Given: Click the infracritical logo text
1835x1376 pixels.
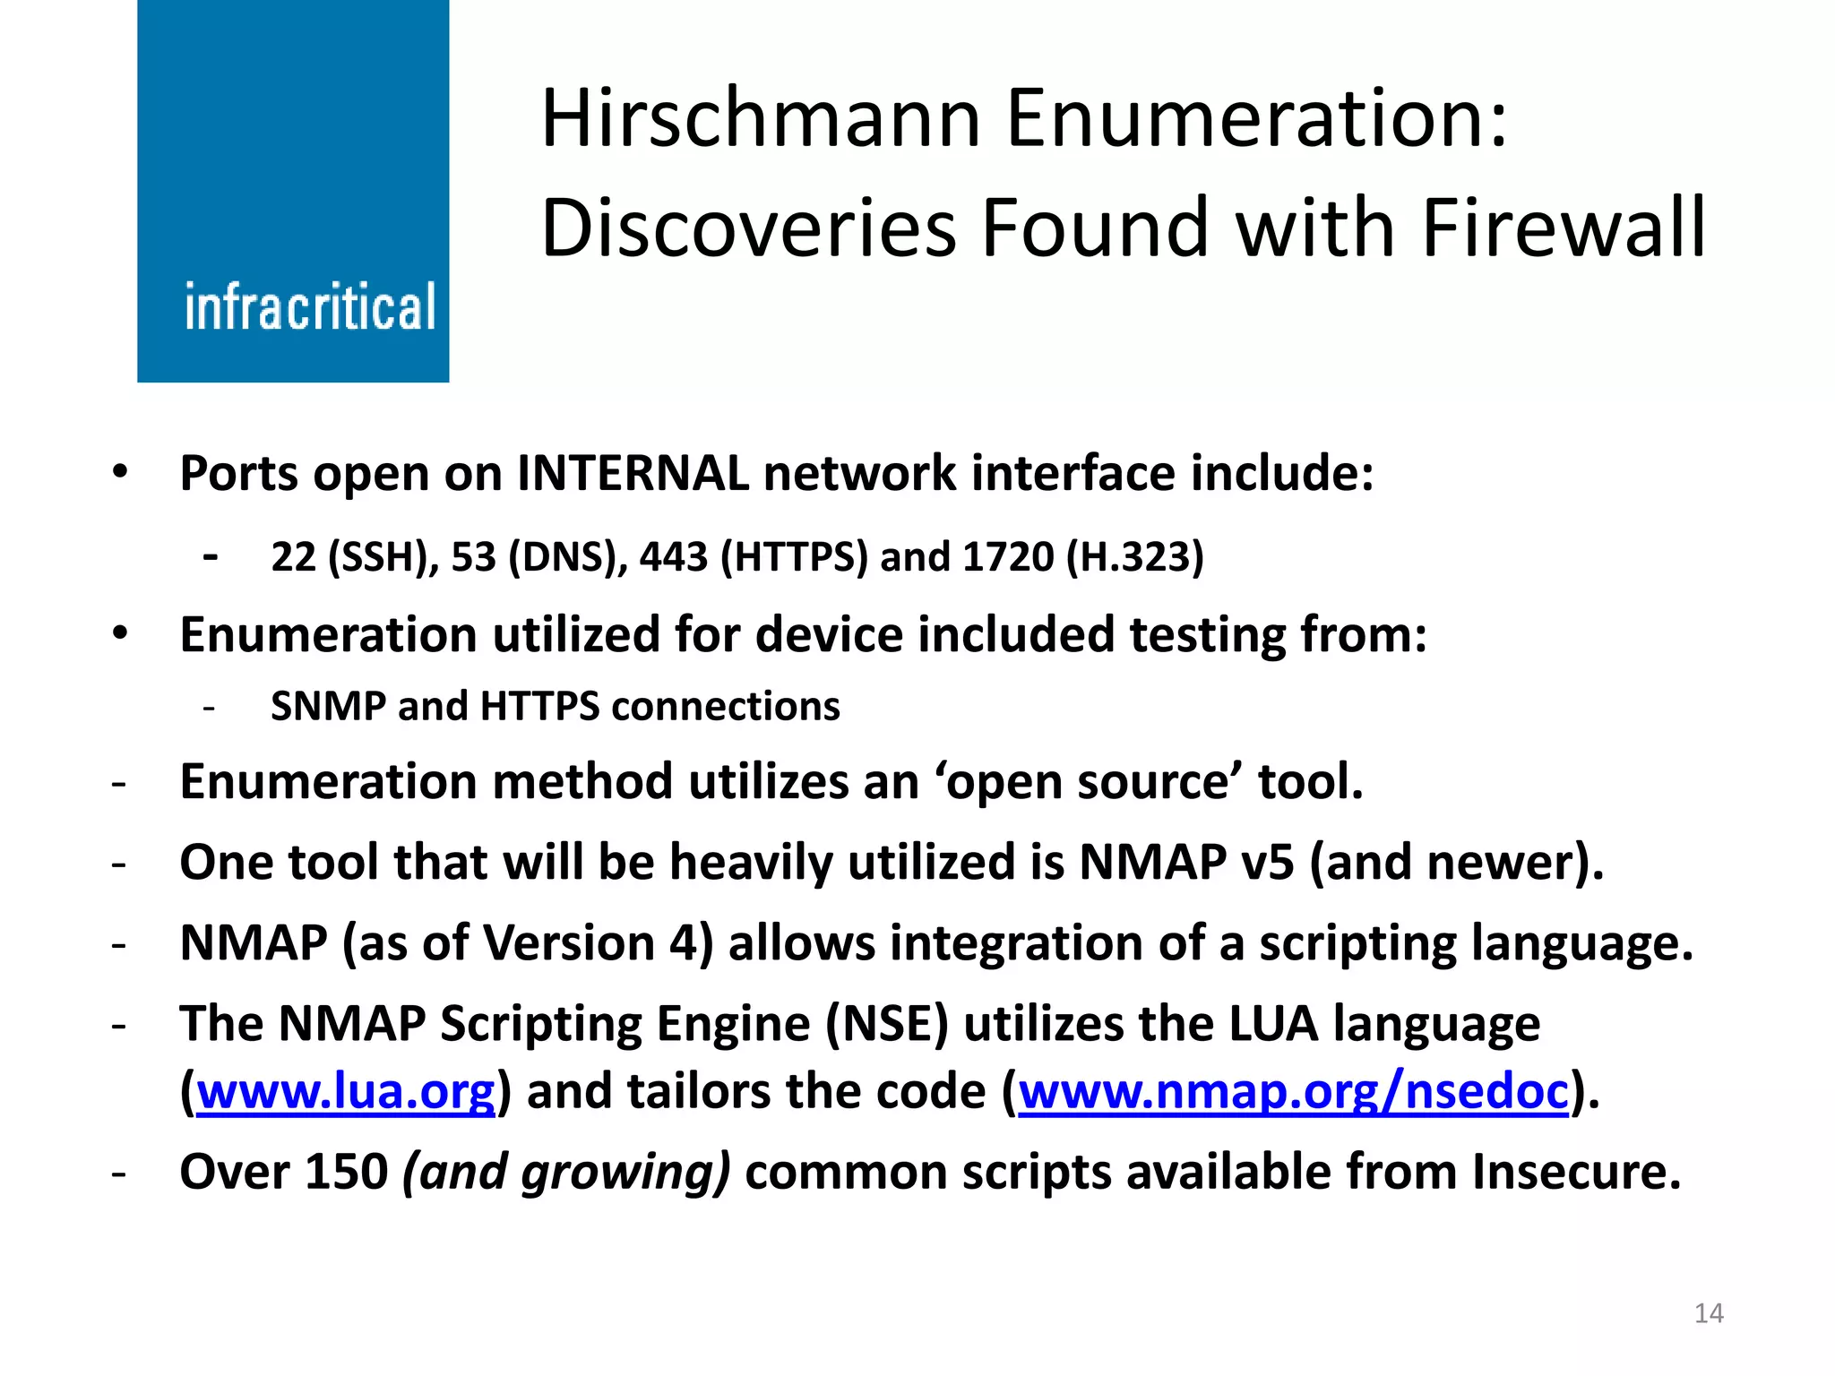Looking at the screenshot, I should (x=310, y=307).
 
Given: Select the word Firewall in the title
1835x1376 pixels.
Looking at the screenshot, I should (x=1563, y=228).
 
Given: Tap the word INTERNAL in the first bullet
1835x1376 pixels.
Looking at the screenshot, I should (x=633, y=473).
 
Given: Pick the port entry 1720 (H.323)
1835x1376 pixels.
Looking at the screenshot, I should (x=1082, y=557).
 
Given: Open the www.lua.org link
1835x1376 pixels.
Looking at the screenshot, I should (x=346, y=1092).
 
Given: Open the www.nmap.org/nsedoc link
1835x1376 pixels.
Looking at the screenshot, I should (x=1294, y=1092).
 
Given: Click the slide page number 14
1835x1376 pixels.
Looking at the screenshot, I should (x=1709, y=1313).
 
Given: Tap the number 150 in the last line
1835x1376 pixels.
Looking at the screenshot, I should (x=346, y=1172).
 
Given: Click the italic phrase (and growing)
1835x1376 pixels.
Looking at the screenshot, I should (x=566, y=1173).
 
